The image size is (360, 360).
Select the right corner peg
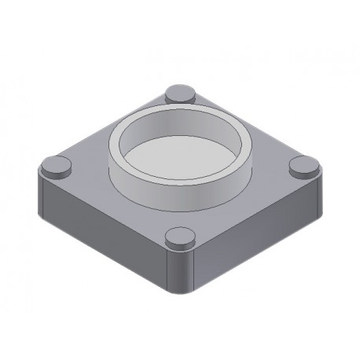point(304,165)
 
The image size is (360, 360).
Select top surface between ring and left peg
point(86,168)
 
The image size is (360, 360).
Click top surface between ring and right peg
point(271,168)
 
